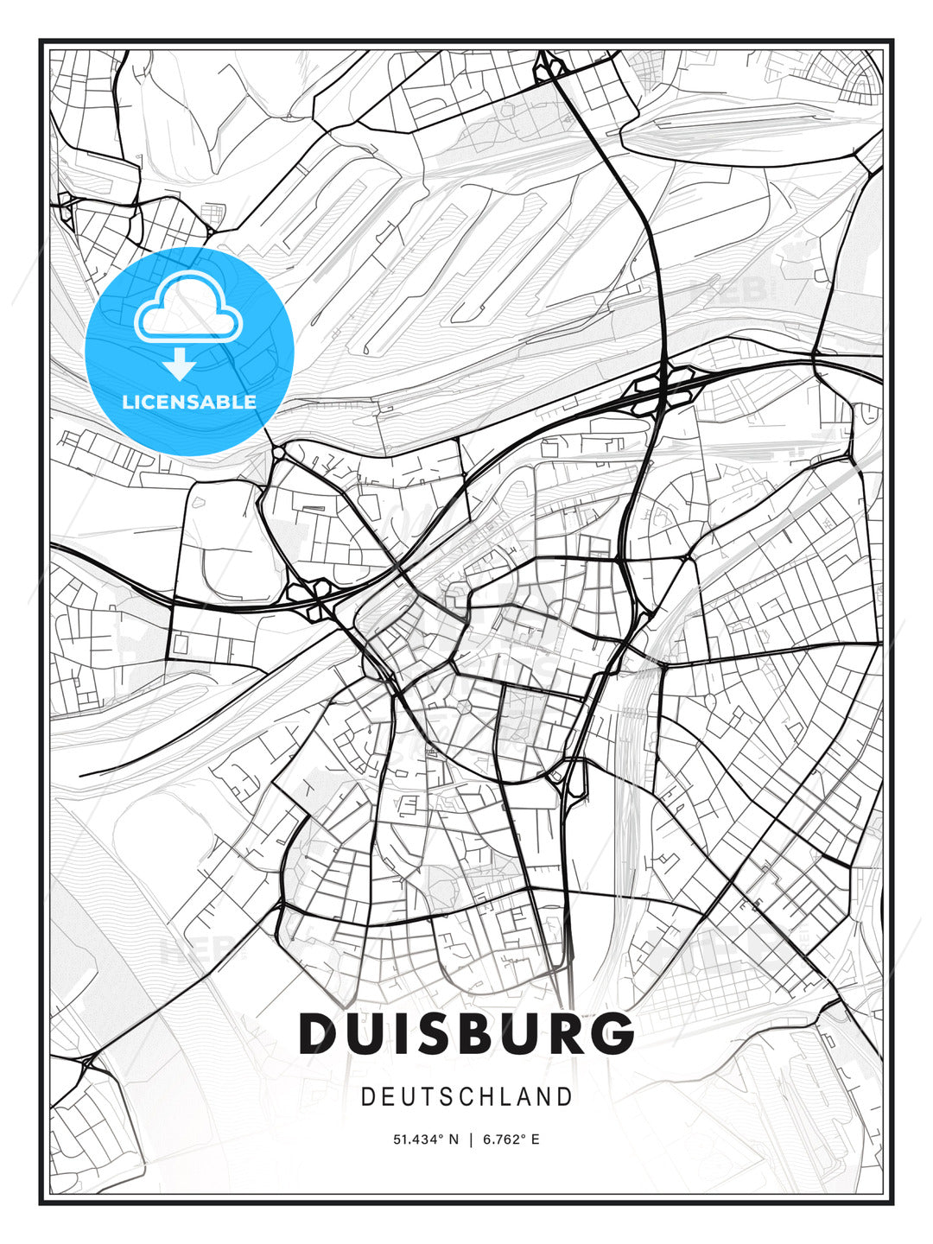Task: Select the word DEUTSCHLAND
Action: coord(466,1097)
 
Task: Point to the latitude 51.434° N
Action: coord(426,1139)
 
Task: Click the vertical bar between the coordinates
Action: coord(470,1139)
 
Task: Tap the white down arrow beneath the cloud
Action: coord(180,365)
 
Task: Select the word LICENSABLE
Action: coord(189,402)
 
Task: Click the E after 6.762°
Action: coord(536,1139)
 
